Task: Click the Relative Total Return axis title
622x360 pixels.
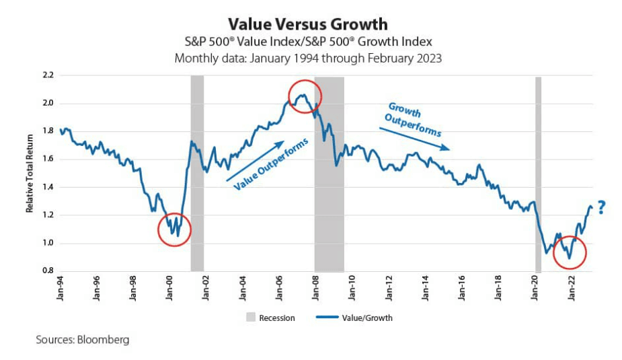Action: coord(30,174)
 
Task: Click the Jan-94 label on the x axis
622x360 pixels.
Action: coord(60,285)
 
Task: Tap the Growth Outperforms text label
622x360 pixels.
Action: coord(412,120)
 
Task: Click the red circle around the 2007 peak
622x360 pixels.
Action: coord(305,98)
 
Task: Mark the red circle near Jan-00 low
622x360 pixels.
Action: coord(174,229)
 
